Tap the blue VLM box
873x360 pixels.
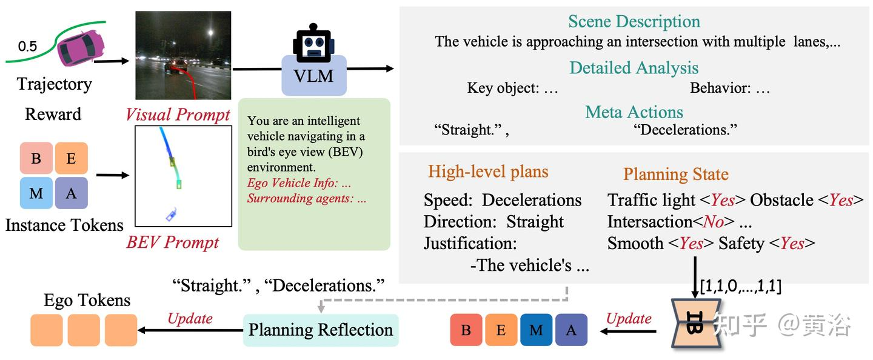[314, 77]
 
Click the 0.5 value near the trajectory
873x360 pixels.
[27, 46]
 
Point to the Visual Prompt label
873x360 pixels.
[178, 115]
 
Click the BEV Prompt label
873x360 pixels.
[173, 242]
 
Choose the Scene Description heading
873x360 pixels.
[634, 22]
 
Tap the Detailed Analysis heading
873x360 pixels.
[634, 67]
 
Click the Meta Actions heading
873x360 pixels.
[634, 112]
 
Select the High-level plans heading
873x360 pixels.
[488, 172]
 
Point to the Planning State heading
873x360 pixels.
[675, 175]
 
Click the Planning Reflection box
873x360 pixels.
[321, 330]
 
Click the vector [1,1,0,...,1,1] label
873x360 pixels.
[740, 286]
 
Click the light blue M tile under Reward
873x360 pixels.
[36, 193]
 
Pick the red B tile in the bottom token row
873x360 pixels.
[466, 330]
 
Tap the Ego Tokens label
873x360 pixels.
[87, 301]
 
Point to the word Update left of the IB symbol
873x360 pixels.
[629, 319]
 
